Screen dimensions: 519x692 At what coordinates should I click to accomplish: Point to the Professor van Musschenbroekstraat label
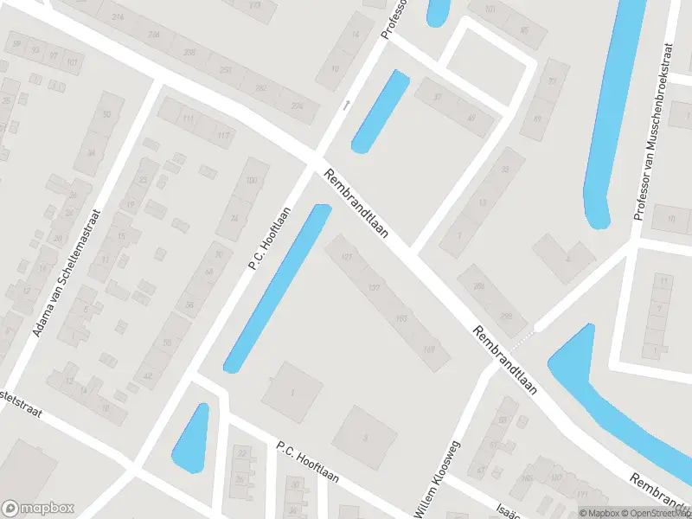(x=654, y=131)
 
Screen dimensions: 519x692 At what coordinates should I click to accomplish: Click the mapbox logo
(x=38, y=509)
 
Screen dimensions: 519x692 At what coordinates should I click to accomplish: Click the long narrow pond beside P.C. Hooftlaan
(x=278, y=289)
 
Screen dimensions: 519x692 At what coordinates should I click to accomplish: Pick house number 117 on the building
(x=223, y=136)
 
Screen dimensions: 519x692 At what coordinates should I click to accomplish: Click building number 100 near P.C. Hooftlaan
(x=252, y=180)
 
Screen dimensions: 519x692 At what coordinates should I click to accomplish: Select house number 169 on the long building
(x=430, y=350)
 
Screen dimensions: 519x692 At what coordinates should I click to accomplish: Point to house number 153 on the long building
(x=402, y=319)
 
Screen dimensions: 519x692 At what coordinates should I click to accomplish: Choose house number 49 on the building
(x=471, y=118)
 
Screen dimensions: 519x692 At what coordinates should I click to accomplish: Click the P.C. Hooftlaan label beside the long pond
(x=269, y=238)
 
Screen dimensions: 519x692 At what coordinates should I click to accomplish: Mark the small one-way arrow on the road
(x=347, y=105)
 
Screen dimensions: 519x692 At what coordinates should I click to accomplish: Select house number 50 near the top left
(x=107, y=114)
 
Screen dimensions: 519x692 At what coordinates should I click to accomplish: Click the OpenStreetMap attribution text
(x=655, y=513)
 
